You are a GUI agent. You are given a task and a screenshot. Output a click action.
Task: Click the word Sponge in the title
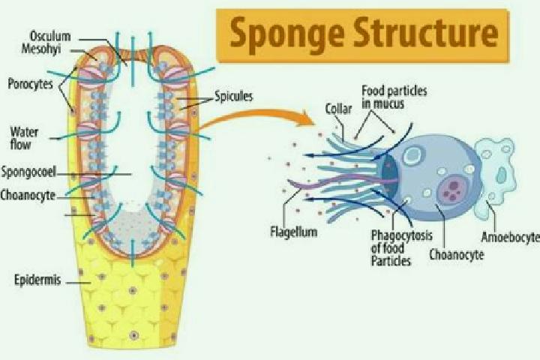287,34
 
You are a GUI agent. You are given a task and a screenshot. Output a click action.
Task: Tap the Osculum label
50,36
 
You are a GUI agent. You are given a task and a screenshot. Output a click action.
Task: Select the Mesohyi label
41,49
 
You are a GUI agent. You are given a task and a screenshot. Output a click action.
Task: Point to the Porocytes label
30,84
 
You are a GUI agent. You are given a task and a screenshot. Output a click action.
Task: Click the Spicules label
233,96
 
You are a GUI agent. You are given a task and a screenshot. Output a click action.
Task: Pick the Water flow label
24,138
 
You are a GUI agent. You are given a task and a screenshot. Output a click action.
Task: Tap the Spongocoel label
28,172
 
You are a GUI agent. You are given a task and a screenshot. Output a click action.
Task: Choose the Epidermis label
37,280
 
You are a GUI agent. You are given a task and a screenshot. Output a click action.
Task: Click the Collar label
338,109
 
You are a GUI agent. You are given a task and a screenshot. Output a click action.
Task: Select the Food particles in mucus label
394,97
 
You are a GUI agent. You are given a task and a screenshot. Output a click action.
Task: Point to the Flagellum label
294,232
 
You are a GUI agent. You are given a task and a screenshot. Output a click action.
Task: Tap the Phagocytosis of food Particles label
401,248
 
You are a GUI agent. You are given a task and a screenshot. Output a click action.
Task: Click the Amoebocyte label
511,237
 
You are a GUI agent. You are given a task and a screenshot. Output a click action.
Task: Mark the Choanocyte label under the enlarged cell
456,255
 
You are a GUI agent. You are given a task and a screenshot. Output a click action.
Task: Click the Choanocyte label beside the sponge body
28,195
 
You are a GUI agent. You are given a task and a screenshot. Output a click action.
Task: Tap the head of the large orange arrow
307,118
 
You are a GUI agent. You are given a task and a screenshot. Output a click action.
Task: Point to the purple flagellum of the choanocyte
341,181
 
